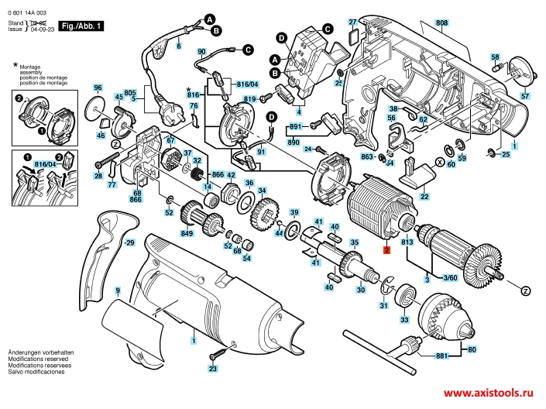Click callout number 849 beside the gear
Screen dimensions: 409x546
[187, 234]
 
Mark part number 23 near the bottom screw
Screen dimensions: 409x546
[212, 369]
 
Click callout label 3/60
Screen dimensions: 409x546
[449, 277]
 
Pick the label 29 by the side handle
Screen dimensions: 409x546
[129, 243]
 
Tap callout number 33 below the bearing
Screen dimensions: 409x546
[403, 320]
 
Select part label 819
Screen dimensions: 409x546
[250, 101]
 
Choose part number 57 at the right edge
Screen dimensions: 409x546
[525, 96]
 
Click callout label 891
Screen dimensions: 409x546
[295, 126]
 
